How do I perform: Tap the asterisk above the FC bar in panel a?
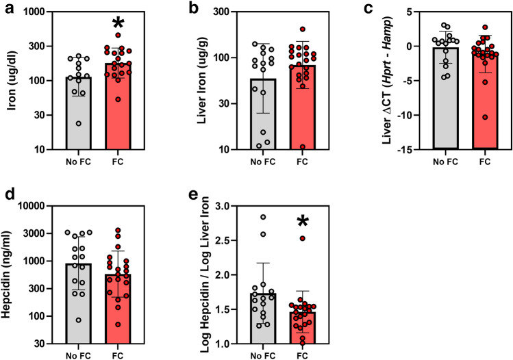(x=118, y=24)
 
